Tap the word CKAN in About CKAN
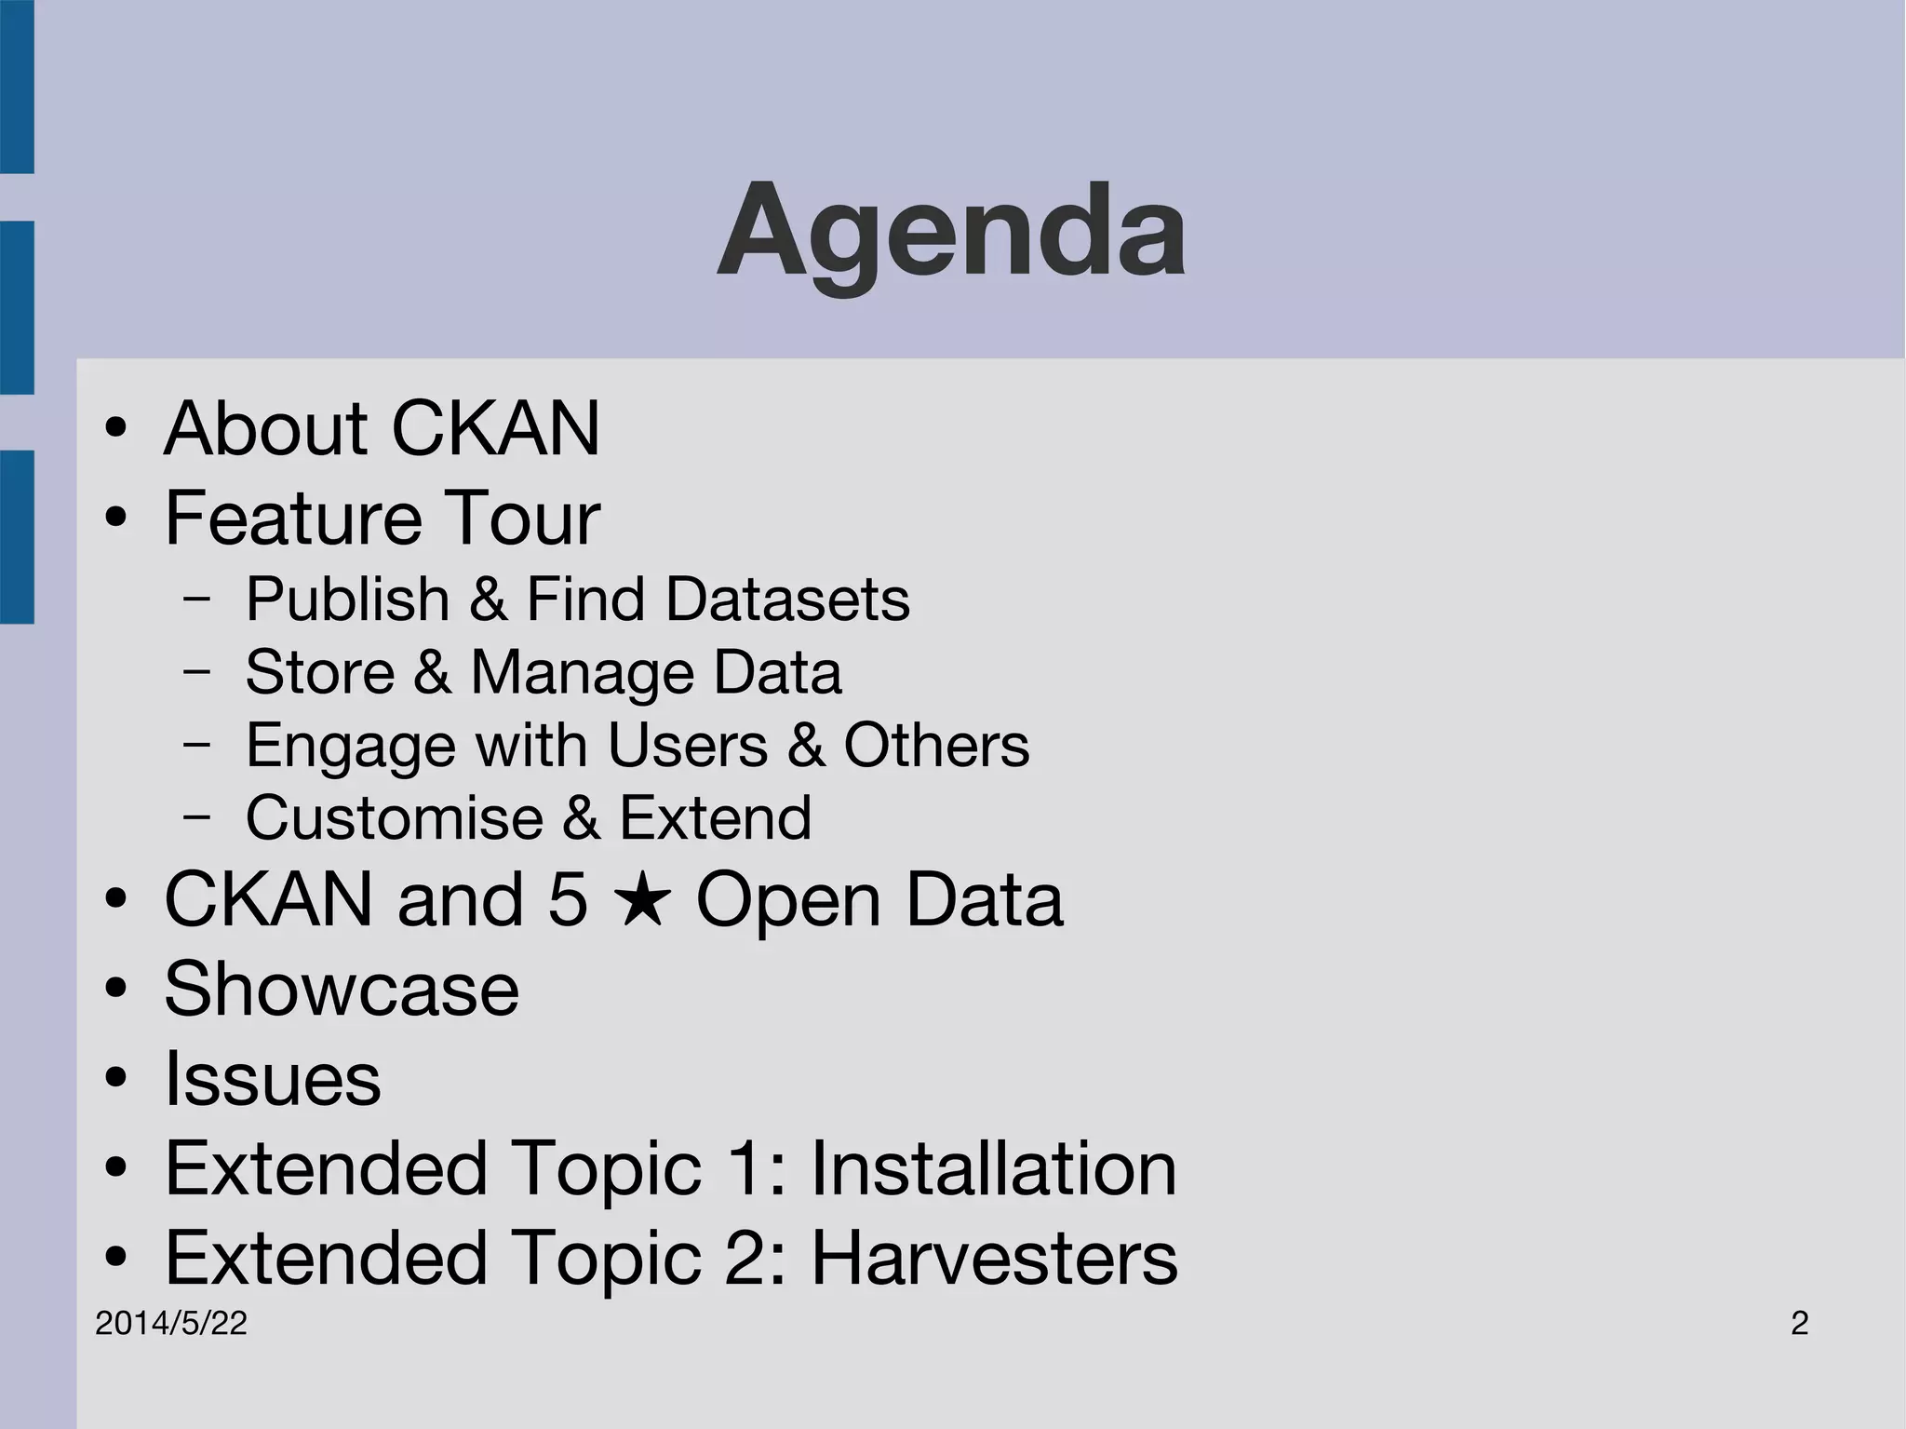coord(495,428)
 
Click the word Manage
coord(583,671)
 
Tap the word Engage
coord(351,746)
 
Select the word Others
coord(936,745)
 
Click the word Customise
coord(395,817)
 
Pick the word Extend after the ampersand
coord(715,817)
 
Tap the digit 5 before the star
coord(568,899)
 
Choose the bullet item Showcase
coord(342,989)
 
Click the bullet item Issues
coord(273,1079)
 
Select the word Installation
coord(993,1168)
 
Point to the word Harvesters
coord(994,1258)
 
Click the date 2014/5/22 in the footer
coord(171,1323)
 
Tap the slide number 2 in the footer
coord(1799,1323)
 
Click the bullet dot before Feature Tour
coord(115,518)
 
